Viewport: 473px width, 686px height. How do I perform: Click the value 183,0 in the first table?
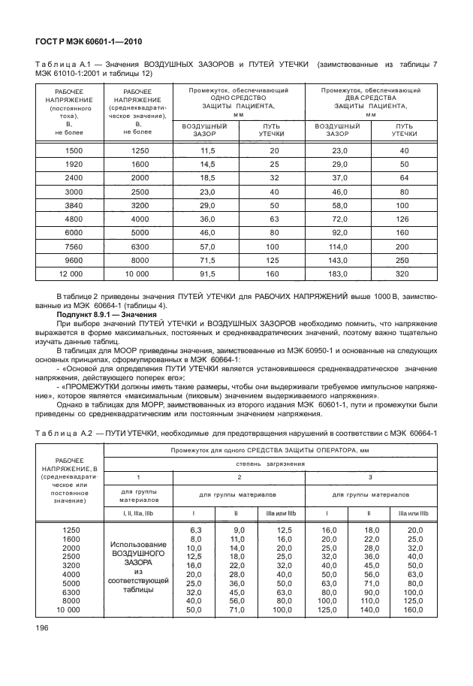coord(337,274)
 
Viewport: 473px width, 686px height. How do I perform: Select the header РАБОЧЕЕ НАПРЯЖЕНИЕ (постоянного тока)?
coord(68,109)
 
